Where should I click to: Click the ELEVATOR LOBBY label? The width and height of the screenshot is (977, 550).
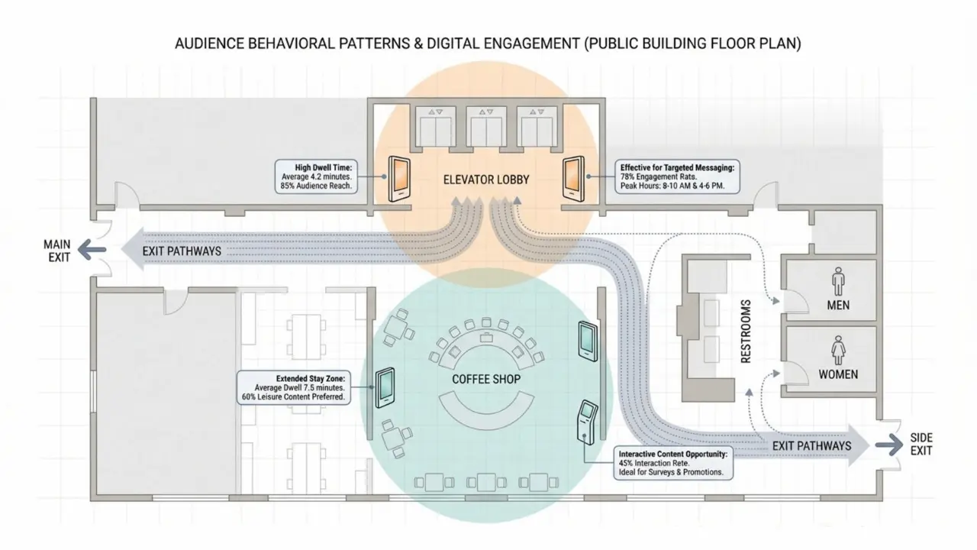486,180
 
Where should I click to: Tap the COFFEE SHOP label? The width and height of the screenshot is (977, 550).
486,379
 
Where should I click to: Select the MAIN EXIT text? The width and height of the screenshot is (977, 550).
56,251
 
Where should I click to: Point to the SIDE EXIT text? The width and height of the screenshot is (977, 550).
921,445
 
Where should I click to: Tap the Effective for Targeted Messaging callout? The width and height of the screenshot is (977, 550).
676,177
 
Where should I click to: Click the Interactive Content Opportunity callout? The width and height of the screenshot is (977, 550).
672,463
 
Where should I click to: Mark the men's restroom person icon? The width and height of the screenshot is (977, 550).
838,282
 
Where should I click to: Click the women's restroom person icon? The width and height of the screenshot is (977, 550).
838,351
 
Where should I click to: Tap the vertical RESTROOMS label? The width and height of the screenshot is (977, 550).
746,331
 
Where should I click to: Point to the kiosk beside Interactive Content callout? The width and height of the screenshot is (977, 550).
586,421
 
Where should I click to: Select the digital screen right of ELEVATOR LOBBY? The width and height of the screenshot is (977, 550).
573,179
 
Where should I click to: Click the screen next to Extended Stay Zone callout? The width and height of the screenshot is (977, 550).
385,388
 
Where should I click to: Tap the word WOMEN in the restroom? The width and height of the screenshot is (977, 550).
838,374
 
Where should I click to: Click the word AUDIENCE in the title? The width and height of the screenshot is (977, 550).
209,44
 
